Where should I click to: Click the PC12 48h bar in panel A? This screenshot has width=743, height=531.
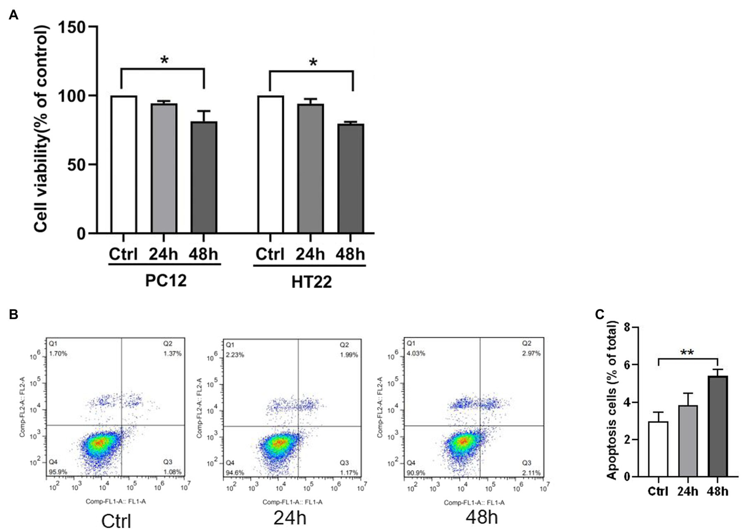click(204, 177)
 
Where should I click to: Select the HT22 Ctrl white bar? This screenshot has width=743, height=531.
click(271, 165)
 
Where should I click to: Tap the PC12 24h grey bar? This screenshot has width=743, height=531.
click(164, 168)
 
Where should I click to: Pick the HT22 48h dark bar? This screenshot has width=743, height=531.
click(351, 179)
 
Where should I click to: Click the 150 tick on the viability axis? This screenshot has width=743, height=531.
click(73, 27)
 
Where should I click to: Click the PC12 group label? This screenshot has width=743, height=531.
click(166, 281)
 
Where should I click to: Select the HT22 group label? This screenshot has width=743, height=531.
click(312, 282)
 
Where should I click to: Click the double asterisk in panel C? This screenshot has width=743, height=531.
click(687, 352)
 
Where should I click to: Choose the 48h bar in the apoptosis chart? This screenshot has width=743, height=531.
click(717, 426)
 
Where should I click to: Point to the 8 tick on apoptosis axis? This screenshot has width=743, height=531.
click(627, 328)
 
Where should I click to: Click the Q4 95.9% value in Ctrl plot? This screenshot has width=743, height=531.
click(57, 472)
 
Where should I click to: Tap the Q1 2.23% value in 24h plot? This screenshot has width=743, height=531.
click(235, 355)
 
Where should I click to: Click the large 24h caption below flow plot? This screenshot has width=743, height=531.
click(289, 518)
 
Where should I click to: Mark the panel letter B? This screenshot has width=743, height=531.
click(13, 315)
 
